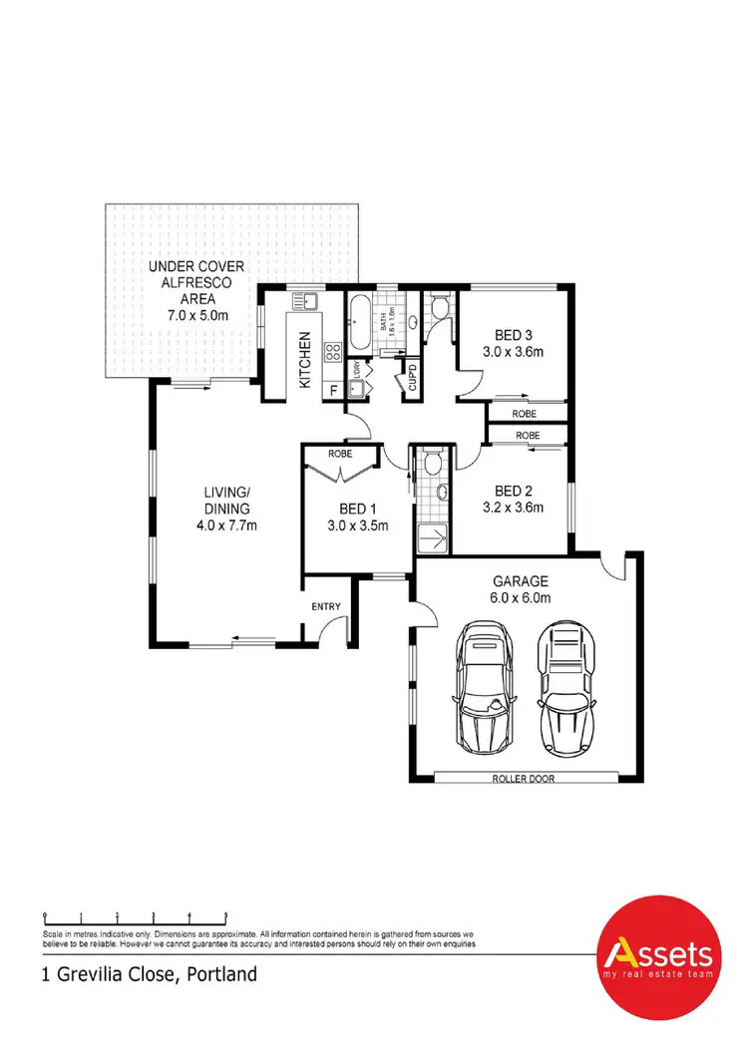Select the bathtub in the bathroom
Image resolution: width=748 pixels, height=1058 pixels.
tap(359, 321)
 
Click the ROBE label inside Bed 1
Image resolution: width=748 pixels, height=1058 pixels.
tap(340, 454)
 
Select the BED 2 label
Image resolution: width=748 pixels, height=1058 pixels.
tap(516, 491)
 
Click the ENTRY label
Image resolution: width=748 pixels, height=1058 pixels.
tap(326, 606)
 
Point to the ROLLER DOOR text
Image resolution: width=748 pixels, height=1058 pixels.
tap(523, 778)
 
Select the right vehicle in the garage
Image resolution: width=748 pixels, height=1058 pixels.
tap(565, 688)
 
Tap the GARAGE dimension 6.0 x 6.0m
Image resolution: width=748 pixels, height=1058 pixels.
tap(522, 597)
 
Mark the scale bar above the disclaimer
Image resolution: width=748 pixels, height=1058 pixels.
tap(136, 914)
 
